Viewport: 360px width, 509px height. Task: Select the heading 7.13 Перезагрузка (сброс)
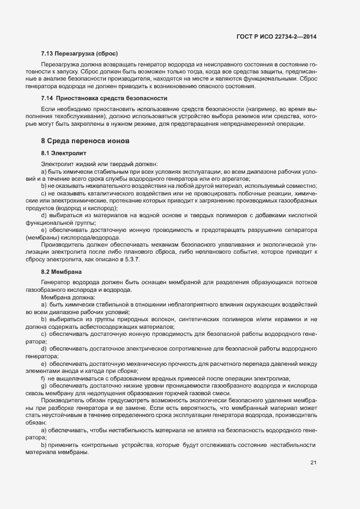80,54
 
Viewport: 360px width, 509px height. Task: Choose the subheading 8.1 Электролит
64,154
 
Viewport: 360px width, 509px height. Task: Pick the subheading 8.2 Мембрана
61,271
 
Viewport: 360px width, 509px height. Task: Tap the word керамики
286,319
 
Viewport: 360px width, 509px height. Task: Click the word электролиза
272,378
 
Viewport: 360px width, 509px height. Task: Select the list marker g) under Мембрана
43,385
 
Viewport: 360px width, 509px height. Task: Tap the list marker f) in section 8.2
43,378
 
